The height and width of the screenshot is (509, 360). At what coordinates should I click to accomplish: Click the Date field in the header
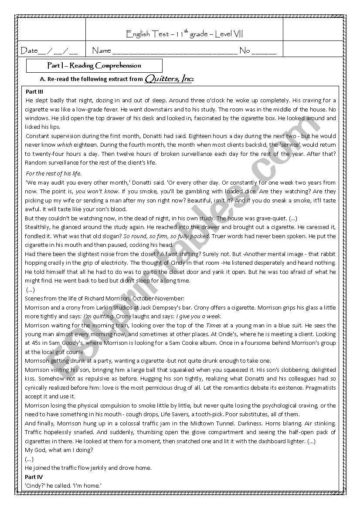[49, 51]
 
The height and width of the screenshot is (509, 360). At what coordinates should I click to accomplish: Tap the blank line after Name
[174, 51]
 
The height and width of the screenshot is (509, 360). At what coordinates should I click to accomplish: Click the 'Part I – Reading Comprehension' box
[94, 66]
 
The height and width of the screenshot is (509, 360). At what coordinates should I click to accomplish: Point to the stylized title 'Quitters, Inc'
[169, 79]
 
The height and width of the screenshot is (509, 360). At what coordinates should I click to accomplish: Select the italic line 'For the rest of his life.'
[54, 174]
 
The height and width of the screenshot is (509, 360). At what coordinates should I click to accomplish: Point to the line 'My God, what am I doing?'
[59, 450]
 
